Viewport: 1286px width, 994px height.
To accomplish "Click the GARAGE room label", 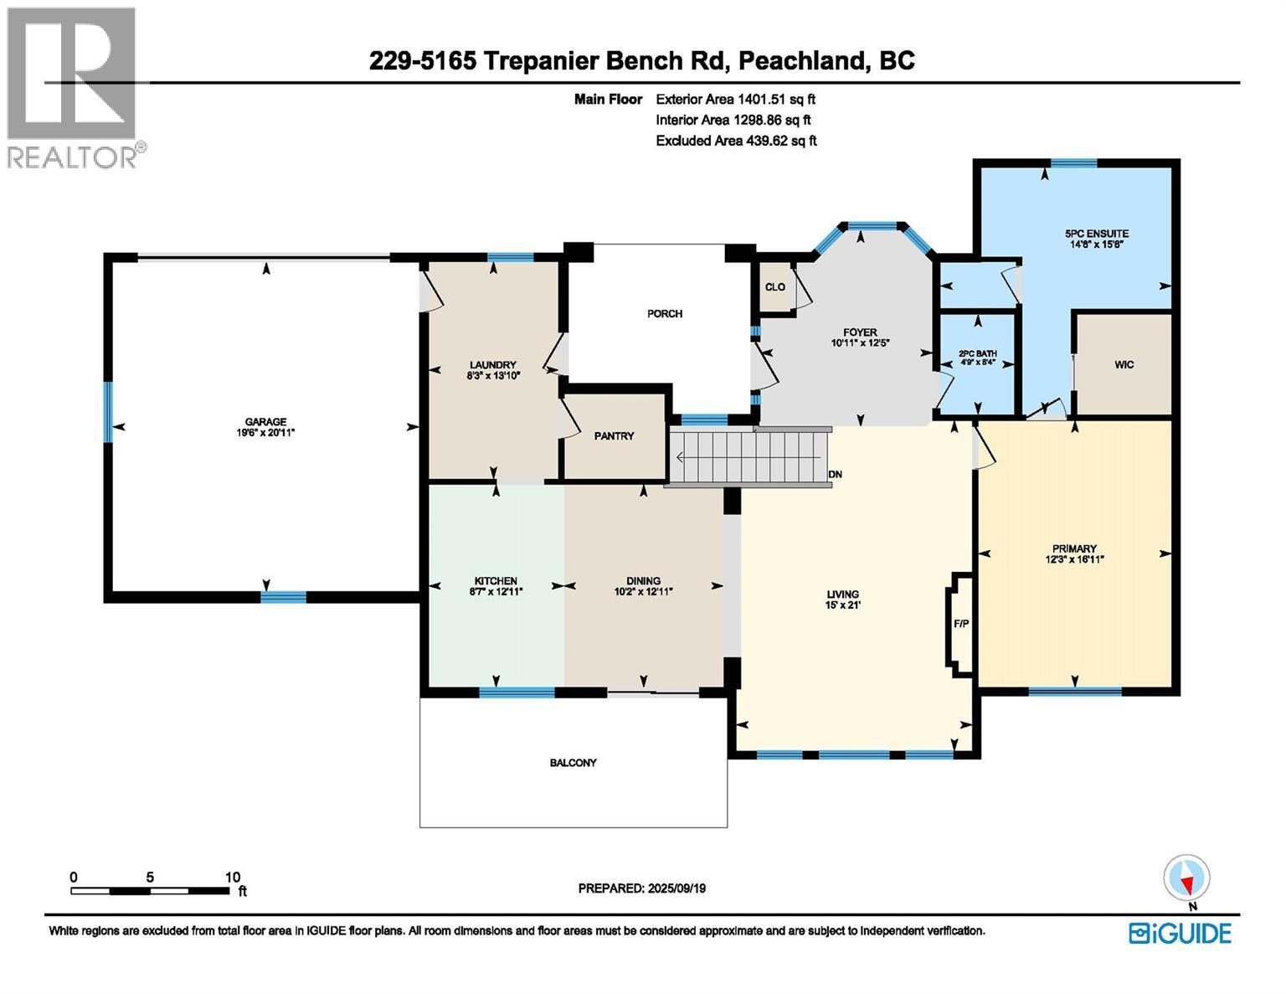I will click(x=265, y=421).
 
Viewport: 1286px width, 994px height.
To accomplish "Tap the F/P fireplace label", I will click(x=961, y=624).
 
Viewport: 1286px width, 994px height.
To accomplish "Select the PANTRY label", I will click(x=614, y=435).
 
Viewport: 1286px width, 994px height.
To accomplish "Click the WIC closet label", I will click(x=1124, y=364).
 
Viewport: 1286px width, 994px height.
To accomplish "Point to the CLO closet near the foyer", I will click(x=774, y=287).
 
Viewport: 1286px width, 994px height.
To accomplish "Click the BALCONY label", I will click(x=573, y=763).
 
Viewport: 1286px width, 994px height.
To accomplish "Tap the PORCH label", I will click(x=665, y=314).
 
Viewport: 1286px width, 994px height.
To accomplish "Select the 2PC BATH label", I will click(x=977, y=353).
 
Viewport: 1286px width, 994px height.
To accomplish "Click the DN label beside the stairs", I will click(x=835, y=474).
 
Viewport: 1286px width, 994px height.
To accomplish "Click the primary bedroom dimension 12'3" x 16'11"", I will click(x=1075, y=559).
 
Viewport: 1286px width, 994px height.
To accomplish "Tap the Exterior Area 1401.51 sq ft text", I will click(x=736, y=99).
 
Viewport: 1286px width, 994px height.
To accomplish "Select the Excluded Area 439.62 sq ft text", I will click(x=736, y=141).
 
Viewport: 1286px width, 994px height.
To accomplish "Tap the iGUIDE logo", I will click(x=1180, y=933).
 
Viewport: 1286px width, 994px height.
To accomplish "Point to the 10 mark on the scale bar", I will click(x=232, y=878).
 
